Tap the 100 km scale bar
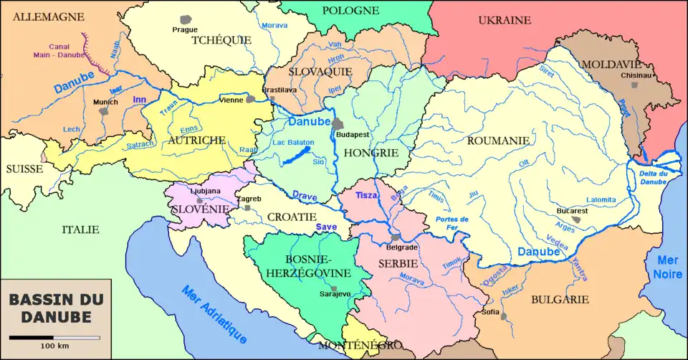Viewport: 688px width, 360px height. pos(54,337)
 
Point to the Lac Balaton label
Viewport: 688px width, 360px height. pos(293,143)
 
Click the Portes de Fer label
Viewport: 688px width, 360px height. pos(451,223)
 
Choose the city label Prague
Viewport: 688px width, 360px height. pos(184,29)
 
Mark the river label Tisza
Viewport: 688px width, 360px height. pos(366,196)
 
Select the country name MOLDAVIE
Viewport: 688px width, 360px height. pos(613,64)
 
